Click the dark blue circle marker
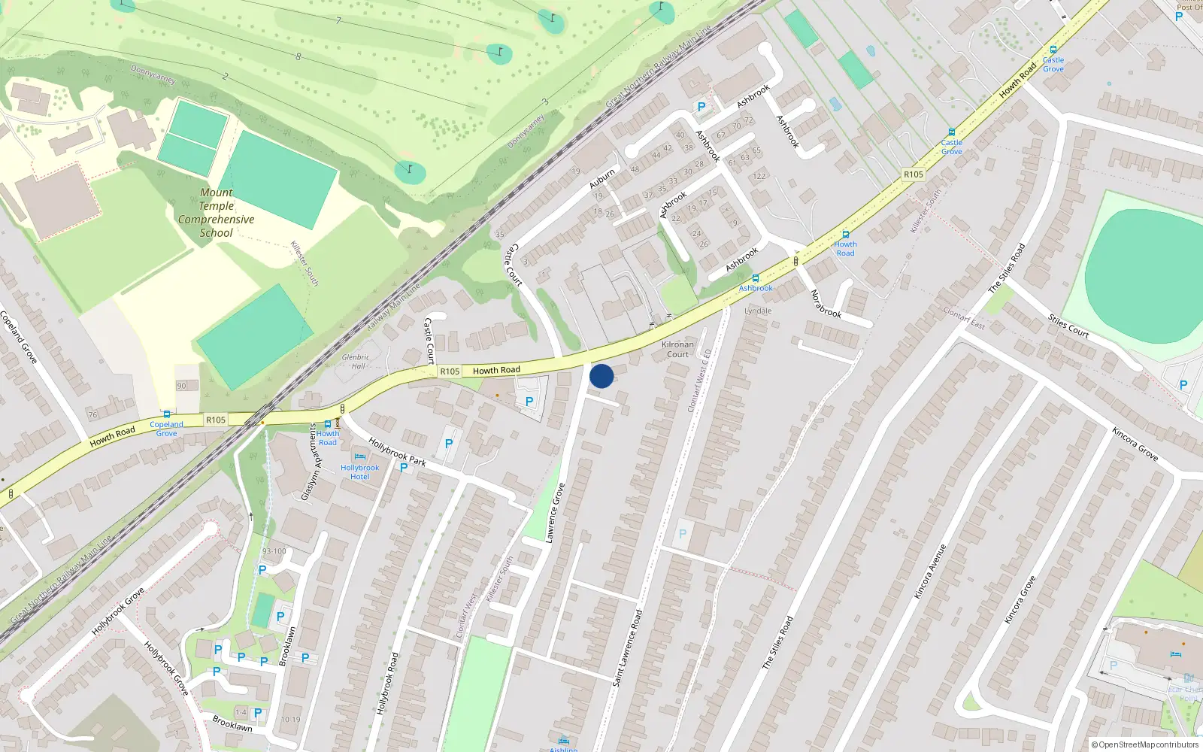pos(601,376)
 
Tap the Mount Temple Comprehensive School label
pos(217,213)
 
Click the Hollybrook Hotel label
pos(359,472)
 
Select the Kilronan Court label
pos(677,350)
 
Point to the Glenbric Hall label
pos(356,362)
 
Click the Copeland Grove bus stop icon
pos(166,414)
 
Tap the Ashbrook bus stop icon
pos(756,279)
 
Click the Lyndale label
pos(758,311)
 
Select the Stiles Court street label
pos(1068,326)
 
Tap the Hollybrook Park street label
pos(397,452)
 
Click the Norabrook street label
pos(826,304)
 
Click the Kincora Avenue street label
pos(930,572)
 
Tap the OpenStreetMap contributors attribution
pos(1144,744)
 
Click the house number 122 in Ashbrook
pos(759,177)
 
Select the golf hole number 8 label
pos(298,56)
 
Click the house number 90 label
pos(181,386)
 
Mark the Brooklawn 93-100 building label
pos(274,551)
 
